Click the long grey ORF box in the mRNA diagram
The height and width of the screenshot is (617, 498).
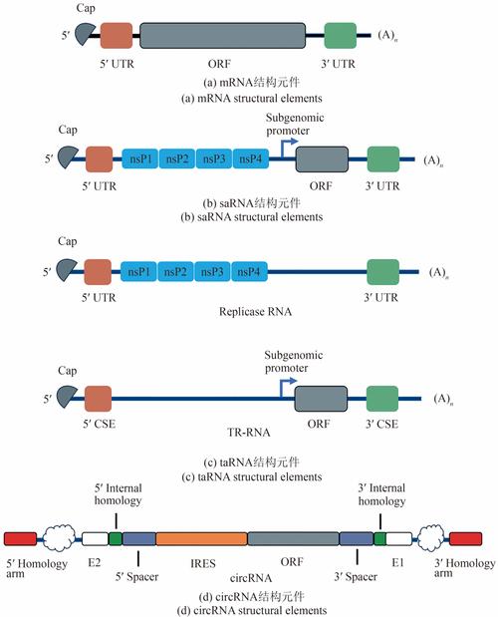[222, 36]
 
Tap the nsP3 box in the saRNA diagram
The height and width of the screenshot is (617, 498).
[214, 158]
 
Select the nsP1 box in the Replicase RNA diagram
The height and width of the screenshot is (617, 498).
[138, 271]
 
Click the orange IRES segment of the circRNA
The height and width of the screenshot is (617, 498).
[201, 538]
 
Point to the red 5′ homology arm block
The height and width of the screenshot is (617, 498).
[21, 539]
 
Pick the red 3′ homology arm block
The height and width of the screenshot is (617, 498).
[465, 539]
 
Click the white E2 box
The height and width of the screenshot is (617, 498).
[95, 538]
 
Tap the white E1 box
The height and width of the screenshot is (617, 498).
[399, 538]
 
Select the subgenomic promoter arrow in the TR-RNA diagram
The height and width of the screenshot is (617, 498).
[287, 388]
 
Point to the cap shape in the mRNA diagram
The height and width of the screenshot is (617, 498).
[85, 34]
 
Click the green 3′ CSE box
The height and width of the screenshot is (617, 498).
[382, 399]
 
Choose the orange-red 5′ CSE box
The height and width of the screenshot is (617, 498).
[98, 399]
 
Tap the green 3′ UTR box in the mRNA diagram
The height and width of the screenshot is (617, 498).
[341, 36]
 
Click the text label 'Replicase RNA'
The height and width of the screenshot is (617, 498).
[256, 312]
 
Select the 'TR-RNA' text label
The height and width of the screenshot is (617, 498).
[249, 433]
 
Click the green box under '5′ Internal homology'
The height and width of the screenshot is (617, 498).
[116, 538]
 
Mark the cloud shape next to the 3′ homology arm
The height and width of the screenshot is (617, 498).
[430, 538]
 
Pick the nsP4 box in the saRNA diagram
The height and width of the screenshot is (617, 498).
[251, 158]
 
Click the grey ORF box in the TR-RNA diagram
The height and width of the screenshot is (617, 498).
[321, 399]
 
